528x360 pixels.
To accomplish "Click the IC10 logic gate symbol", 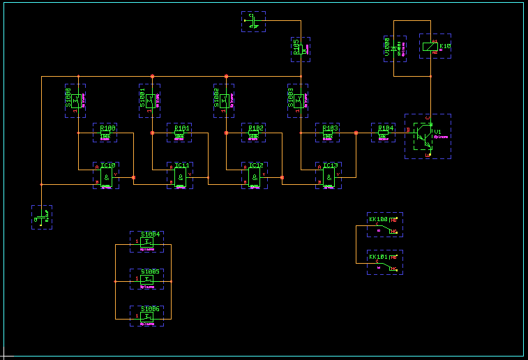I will tap(106, 179).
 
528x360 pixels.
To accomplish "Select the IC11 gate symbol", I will tap(181, 179).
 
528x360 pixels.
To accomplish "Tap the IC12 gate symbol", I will tap(255, 179).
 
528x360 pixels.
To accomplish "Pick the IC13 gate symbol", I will tap(329, 179).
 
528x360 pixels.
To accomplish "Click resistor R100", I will tap(105, 135).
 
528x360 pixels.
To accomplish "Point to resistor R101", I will tap(180, 135).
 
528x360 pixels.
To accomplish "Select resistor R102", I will tap(255, 135).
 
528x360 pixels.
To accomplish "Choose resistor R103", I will tap(329, 135).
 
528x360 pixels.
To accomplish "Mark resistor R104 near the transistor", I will tap(383, 135).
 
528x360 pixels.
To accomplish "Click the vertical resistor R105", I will tap(304, 50).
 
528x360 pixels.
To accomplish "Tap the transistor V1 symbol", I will tap(423, 135).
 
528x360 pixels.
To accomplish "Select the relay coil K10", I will tap(430, 47).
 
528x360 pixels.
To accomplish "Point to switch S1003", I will tap(300, 100).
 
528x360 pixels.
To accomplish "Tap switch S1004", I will tap(146, 241).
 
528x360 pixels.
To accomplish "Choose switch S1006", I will tap(146, 316).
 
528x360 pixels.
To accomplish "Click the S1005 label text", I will tap(150, 271).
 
